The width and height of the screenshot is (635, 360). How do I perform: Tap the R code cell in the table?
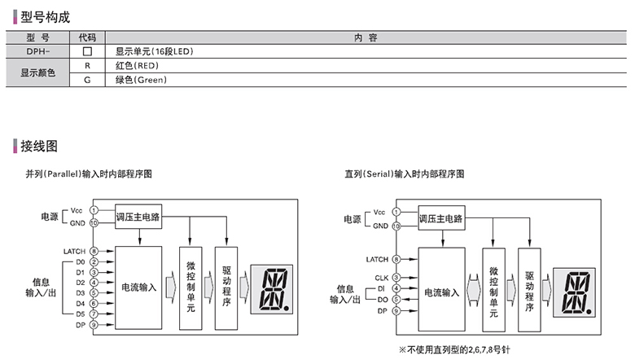pyautogui.click(x=87, y=65)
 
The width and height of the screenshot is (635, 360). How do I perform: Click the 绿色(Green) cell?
pyautogui.click(x=143, y=80)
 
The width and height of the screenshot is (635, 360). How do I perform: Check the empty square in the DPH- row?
pyautogui.click(x=87, y=51)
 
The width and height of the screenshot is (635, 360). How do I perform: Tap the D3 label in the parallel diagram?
pyautogui.click(x=81, y=292)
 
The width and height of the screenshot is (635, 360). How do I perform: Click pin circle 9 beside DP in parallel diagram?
pyautogui.click(x=94, y=323)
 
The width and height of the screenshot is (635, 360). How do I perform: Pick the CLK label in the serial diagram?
pyautogui.click(x=382, y=278)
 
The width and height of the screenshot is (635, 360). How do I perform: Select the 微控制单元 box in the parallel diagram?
pyautogui.click(x=190, y=286)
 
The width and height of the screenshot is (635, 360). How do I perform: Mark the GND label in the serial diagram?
pyautogui.click(x=379, y=223)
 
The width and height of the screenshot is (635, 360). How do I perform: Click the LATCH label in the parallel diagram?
pyautogui.click(x=74, y=251)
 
